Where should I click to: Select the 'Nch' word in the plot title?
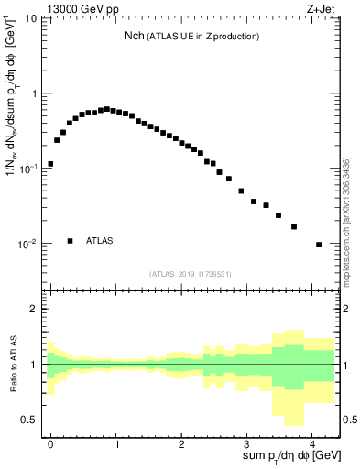(x=135, y=37)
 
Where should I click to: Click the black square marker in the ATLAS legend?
(x=70, y=241)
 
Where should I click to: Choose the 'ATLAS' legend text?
(x=100, y=241)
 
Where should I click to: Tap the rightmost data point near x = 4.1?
(x=318, y=245)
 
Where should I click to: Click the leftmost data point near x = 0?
(x=50, y=164)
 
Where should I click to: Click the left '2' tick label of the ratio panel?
(x=35, y=309)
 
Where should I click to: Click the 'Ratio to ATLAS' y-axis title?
(x=12, y=364)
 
